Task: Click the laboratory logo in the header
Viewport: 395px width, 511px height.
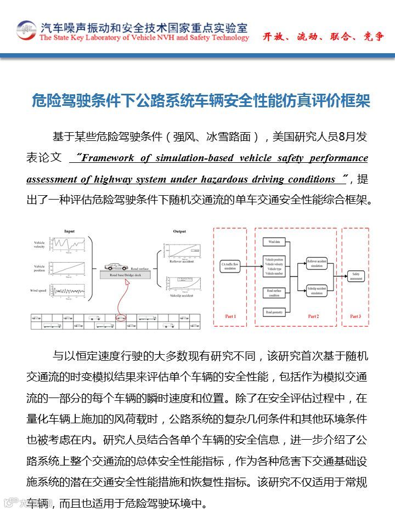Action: [x=25, y=30]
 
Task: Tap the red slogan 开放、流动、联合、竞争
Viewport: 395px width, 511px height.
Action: [x=323, y=37]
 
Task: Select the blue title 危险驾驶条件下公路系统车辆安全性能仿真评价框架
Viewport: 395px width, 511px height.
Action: [x=201, y=101]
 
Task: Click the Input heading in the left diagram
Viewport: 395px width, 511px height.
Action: [x=69, y=231]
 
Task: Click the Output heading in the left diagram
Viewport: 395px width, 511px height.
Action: [x=179, y=231]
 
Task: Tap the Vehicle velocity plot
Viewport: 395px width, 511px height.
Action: [x=69, y=244]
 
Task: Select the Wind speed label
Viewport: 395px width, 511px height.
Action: [x=39, y=290]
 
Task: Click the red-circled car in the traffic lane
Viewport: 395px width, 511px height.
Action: [x=121, y=317]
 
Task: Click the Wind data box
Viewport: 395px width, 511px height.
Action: [x=274, y=241]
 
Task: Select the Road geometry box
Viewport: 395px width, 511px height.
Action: [x=274, y=312]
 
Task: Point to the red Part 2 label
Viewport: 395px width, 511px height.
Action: [x=313, y=316]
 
